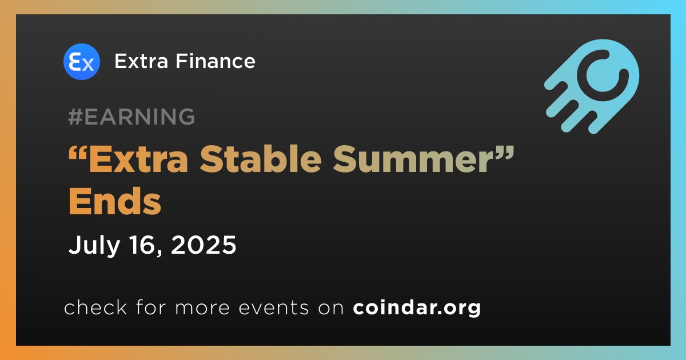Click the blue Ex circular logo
coord(81,62)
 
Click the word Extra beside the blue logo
coord(141,61)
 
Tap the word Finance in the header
coord(216,61)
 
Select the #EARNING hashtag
coord(131,117)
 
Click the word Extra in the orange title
coord(138,159)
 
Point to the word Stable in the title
coord(261,159)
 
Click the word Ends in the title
coord(115,201)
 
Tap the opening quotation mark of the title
coord(78,152)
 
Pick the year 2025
coord(204,245)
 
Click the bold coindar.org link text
coord(417,307)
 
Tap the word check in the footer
coord(95,307)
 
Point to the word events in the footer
coord(274,307)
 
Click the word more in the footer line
coord(202,308)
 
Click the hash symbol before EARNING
coord(75,117)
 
